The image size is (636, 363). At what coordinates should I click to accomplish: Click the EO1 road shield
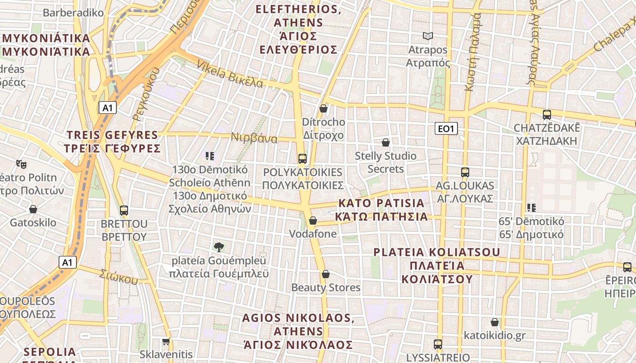point(446,129)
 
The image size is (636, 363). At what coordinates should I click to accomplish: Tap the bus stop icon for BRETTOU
point(124,211)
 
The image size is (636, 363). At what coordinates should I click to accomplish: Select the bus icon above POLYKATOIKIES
point(303,159)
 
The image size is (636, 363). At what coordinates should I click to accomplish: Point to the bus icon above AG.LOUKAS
point(465,172)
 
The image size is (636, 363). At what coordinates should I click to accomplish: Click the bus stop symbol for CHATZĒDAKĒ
point(547,115)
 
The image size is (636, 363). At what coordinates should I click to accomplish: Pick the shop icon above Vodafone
point(313,221)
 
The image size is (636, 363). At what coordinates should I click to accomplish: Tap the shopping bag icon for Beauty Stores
point(326,274)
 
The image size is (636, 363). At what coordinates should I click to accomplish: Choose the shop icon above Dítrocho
point(323,108)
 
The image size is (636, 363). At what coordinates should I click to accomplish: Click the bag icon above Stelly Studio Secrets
point(386,142)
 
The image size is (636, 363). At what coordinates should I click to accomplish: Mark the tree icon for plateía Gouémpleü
point(219,247)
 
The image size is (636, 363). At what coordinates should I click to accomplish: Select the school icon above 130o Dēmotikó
point(209,156)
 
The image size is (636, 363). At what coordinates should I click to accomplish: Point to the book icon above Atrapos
point(427,36)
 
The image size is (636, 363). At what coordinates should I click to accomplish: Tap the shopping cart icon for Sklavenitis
point(166,341)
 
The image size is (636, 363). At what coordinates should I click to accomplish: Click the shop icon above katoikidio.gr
point(495,322)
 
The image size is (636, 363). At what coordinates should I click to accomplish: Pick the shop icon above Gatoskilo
point(33,209)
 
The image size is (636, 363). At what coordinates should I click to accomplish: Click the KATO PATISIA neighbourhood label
point(381,210)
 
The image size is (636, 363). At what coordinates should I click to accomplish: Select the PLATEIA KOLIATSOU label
point(437,265)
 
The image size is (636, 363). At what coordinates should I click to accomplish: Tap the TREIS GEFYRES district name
point(113,142)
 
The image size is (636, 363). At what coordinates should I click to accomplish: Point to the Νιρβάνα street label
point(254,137)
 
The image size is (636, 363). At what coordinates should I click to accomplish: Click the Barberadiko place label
point(73,13)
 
